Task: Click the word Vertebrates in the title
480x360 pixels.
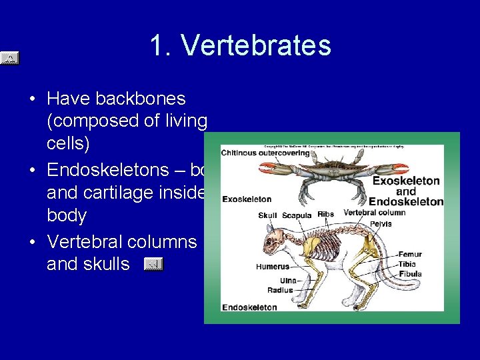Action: pyautogui.click(x=256, y=46)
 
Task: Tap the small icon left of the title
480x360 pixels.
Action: pyautogui.click(x=9, y=59)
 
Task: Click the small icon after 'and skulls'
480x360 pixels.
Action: pyautogui.click(x=153, y=265)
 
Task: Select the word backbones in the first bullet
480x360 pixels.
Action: pyautogui.click(x=140, y=99)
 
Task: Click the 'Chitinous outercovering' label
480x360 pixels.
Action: pyautogui.click(x=265, y=153)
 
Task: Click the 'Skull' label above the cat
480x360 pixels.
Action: pyautogui.click(x=267, y=215)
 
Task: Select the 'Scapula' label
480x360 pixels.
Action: pyautogui.click(x=295, y=215)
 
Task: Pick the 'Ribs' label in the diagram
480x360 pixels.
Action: pyautogui.click(x=325, y=215)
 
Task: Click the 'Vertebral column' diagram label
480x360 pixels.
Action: pyautogui.click(x=374, y=213)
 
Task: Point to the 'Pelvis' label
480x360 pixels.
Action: pyautogui.click(x=380, y=224)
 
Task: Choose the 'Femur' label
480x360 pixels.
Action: pyautogui.click(x=410, y=254)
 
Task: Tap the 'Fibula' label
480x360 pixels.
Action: pyautogui.click(x=410, y=273)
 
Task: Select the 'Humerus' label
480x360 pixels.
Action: pyautogui.click(x=273, y=267)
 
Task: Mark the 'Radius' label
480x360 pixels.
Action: pyautogui.click(x=280, y=291)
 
